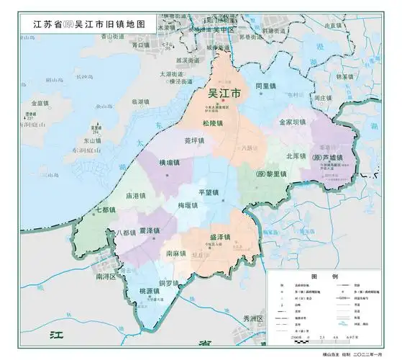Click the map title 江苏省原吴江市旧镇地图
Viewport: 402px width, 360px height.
[89, 23]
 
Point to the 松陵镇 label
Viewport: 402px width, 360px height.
[212, 124]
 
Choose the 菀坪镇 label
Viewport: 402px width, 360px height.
[194, 141]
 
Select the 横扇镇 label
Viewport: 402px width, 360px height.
[170, 163]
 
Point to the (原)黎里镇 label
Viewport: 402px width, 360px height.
[272, 175]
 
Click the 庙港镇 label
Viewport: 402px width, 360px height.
[136, 195]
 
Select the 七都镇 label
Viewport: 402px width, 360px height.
[105, 210]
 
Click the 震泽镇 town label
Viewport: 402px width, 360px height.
[150, 230]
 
